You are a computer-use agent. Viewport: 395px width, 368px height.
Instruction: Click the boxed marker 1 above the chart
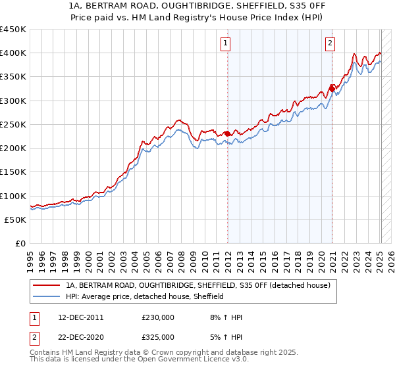226,44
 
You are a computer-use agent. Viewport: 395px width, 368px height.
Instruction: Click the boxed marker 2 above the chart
330,44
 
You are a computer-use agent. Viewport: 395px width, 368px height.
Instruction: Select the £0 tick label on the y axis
20,243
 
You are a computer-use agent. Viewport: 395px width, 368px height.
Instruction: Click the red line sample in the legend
47,285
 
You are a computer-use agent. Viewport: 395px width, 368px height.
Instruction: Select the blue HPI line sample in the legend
47,296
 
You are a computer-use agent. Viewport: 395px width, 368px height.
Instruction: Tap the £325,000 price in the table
158,337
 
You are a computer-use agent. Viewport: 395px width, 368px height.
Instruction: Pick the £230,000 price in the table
158,317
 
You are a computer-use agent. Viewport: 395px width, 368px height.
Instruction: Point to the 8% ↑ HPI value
225,317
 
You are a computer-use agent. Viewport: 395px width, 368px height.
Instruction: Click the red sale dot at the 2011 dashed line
227,133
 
